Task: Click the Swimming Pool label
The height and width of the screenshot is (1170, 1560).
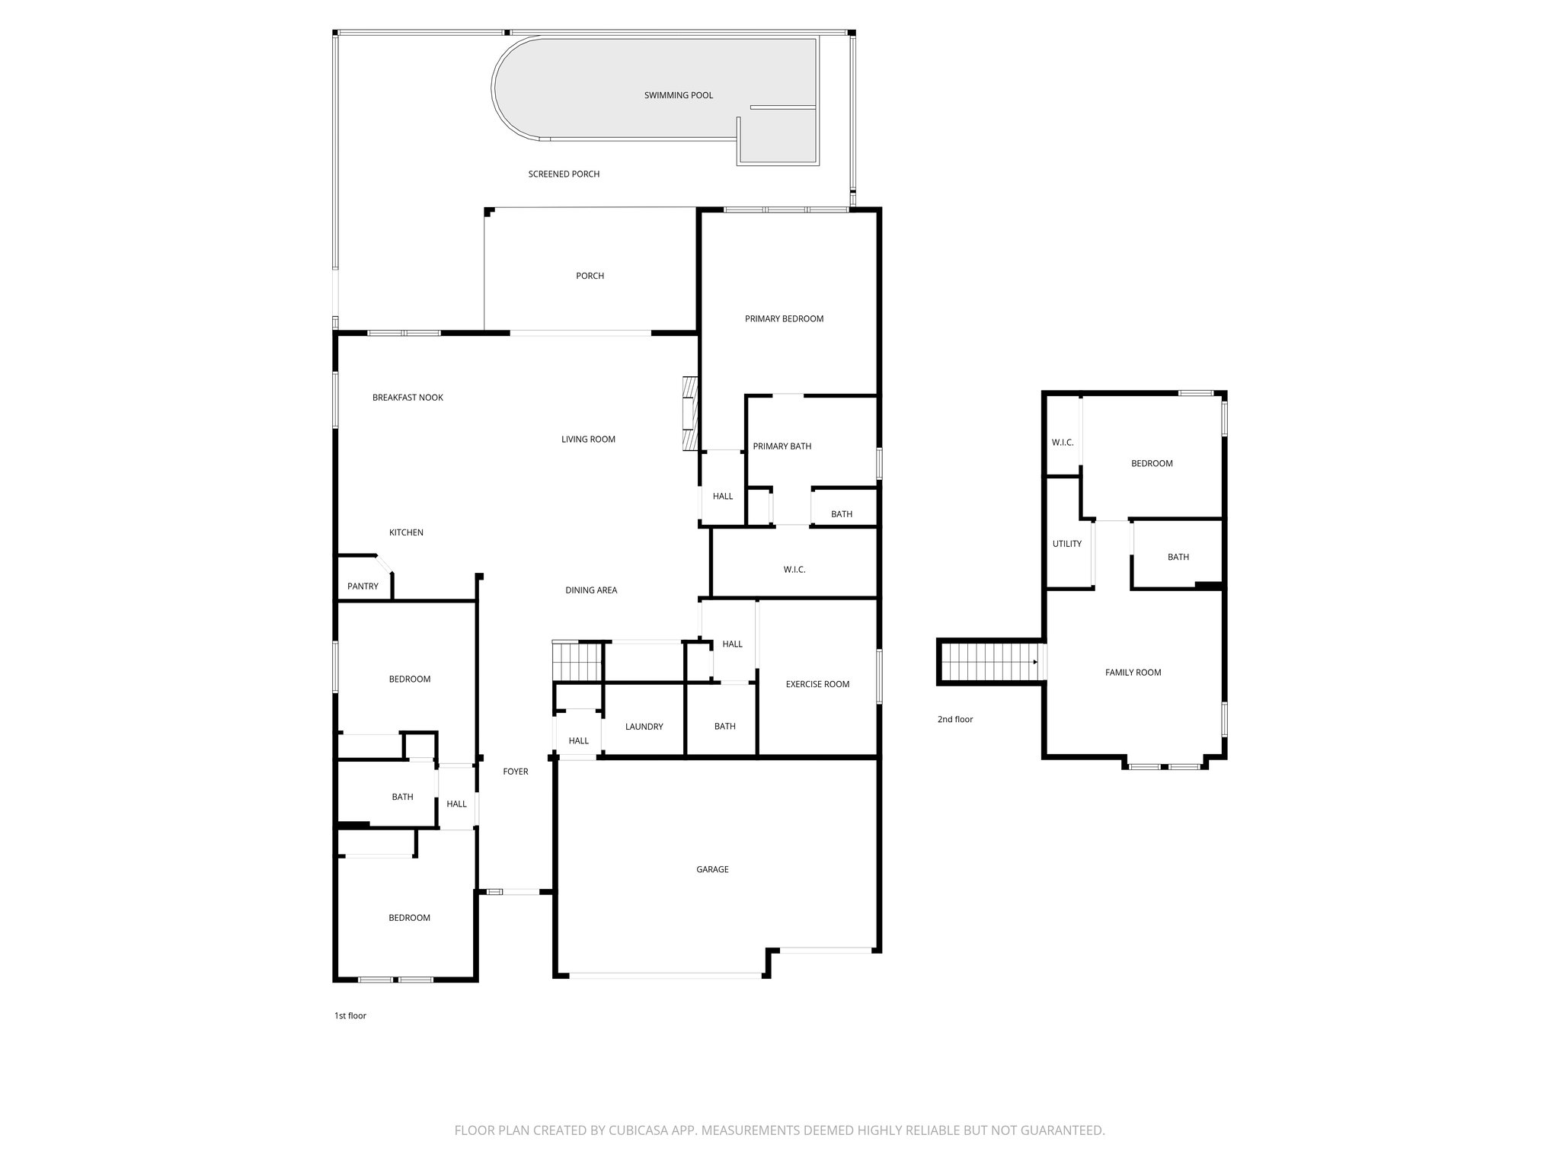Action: point(678,95)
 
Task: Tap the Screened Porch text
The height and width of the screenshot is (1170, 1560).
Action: point(564,174)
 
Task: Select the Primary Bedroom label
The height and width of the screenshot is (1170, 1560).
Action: point(784,319)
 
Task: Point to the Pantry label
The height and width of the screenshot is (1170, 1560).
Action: point(363,587)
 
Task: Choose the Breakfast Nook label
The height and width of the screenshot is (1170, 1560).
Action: point(408,398)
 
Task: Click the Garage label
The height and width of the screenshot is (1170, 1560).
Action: point(712,869)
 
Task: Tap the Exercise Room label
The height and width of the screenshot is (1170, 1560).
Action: point(817,684)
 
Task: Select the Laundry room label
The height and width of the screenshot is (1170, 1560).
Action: point(644,727)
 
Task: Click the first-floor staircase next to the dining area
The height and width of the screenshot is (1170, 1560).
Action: point(577,661)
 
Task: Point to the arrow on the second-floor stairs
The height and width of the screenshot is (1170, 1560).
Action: point(1034,662)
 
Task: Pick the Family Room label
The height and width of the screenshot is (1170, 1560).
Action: point(1133,673)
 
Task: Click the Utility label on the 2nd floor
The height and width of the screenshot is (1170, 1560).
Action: point(1066,544)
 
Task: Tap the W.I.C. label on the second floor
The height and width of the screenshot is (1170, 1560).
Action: point(1062,443)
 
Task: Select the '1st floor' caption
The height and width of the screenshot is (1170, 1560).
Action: point(350,1015)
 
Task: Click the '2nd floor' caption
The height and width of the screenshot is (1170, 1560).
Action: point(954,719)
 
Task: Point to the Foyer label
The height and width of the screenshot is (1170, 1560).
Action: point(516,772)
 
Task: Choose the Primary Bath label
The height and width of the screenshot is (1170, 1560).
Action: point(782,446)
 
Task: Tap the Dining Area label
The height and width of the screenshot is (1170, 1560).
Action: point(591,590)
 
